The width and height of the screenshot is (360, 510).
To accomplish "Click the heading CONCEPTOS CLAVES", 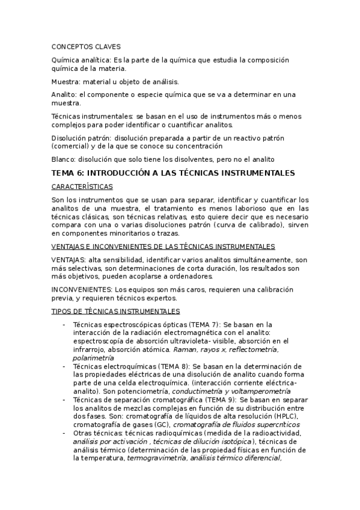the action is coord(86,46).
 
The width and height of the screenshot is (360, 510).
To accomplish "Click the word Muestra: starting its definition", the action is coord(66,81).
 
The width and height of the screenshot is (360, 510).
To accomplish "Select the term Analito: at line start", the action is coord(64,94).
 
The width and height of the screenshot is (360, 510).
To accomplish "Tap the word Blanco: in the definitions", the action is coord(65,159).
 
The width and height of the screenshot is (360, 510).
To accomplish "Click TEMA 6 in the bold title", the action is coord(68,173).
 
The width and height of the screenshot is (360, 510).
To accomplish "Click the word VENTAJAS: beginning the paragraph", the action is coord(69,259).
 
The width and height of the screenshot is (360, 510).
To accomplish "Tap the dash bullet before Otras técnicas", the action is coord(64,433).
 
